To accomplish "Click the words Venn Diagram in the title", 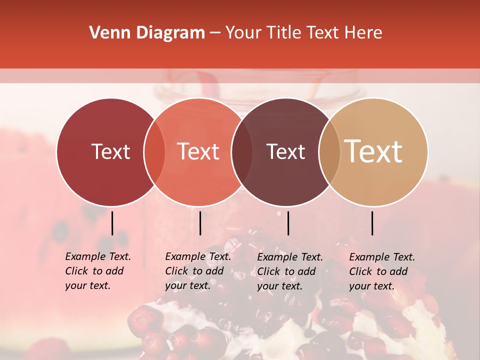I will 147,33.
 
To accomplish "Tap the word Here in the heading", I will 363,33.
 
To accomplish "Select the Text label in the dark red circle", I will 110,151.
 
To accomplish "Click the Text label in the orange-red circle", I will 198,151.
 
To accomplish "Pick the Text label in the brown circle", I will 285,151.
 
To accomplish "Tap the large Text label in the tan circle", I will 373,151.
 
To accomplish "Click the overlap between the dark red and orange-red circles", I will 154,151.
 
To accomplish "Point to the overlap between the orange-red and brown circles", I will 242,151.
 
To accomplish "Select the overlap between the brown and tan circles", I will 329,151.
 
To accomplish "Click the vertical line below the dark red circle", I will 112,223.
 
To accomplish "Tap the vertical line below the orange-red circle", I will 200,223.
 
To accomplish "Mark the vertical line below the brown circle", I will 288,223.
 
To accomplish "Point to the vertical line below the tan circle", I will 372,223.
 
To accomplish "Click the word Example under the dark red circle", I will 85,256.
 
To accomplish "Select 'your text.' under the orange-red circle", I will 187,286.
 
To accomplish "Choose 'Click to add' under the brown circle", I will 286,271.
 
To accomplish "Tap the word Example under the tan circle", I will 369,257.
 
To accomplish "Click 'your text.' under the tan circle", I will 371,286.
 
